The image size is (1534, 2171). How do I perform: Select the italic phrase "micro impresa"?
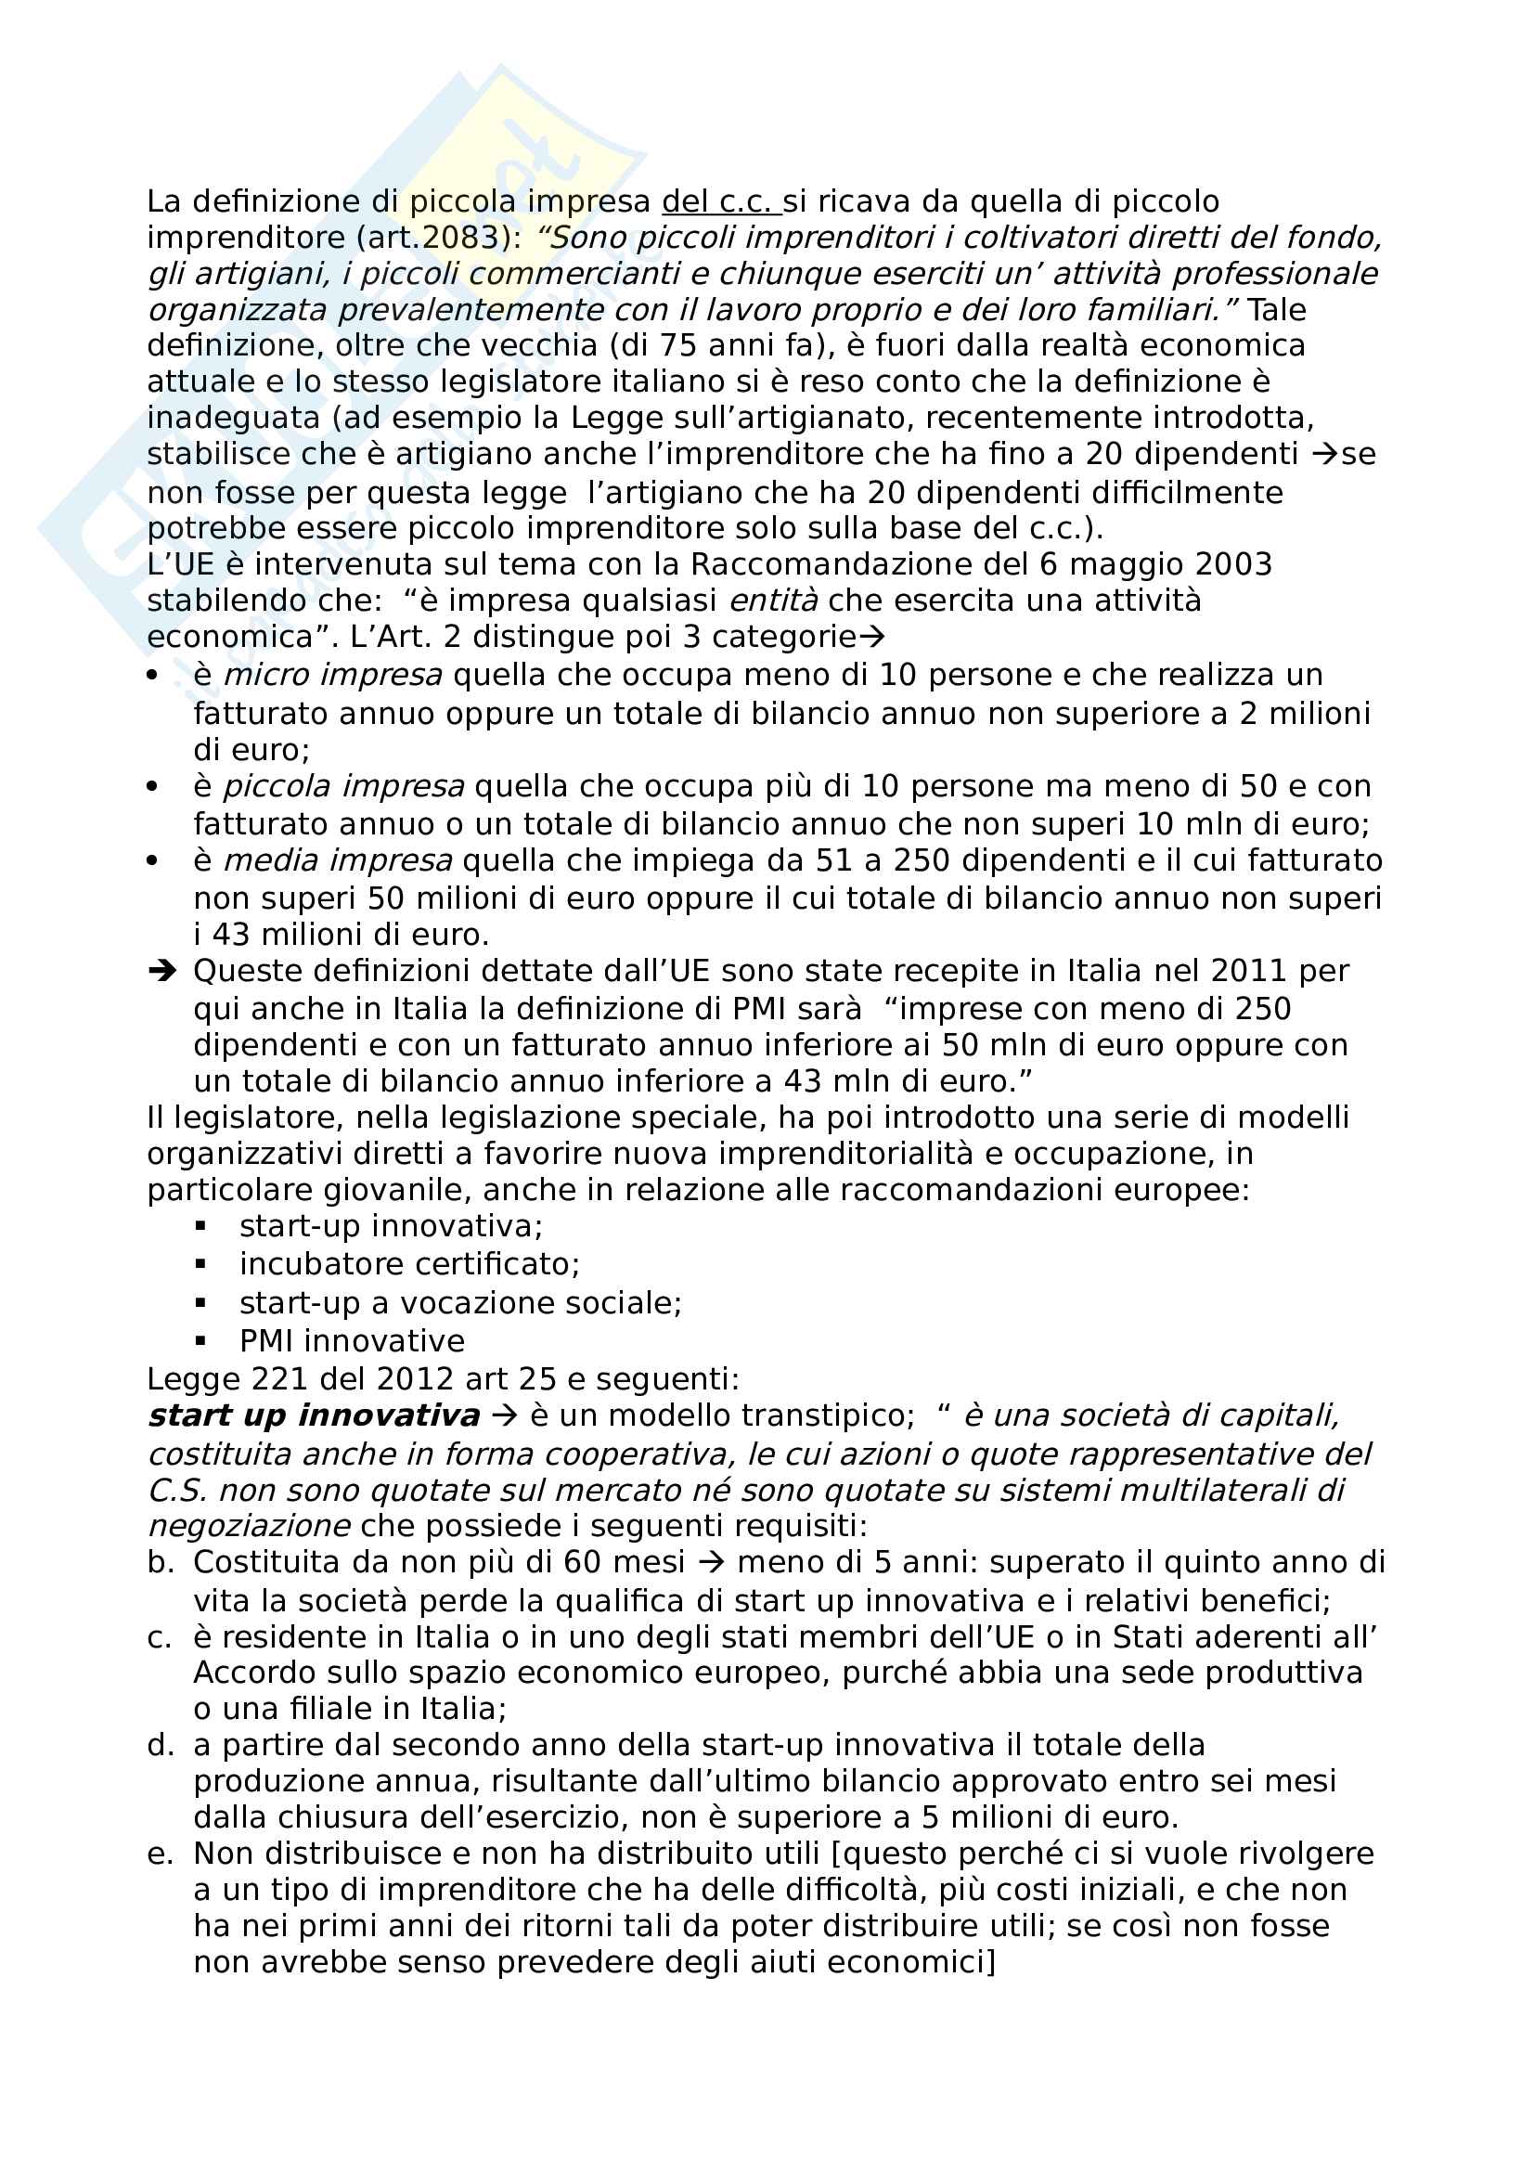point(333,675)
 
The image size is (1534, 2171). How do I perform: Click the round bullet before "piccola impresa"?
point(153,787)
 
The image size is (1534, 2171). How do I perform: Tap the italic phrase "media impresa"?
point(338,860)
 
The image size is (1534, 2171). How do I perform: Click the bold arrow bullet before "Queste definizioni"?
point(161,971)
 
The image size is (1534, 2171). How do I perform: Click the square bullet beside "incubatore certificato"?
point(200,1263)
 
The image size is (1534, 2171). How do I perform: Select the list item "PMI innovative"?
point(352,1341)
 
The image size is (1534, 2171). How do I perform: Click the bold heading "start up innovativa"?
point(314,1415)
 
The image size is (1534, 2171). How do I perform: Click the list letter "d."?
point(161,1745)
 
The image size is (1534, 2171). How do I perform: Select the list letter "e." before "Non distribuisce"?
point(161,1854)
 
